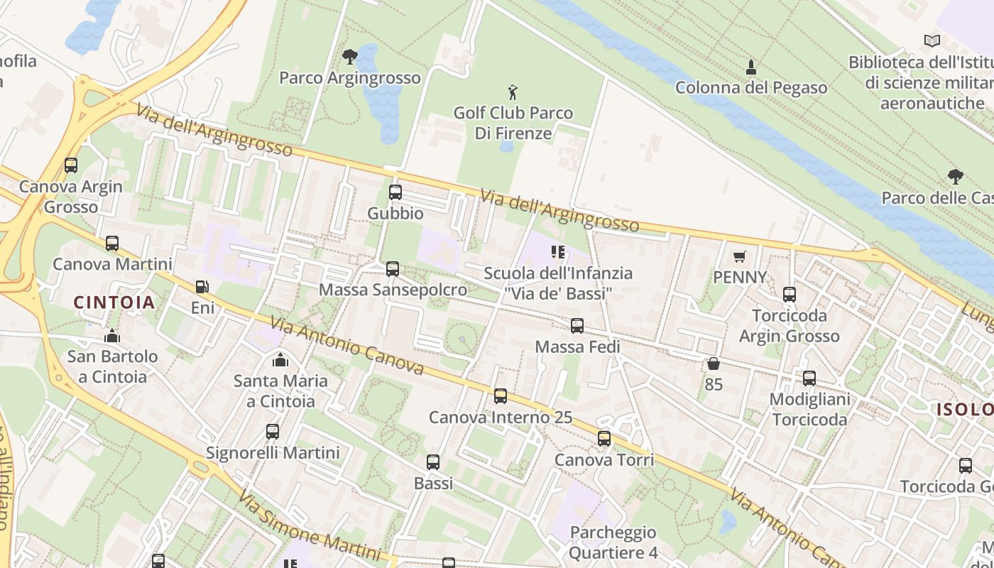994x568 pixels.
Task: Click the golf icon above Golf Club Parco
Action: click(x=513, y=92)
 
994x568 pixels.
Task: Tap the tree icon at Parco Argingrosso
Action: click(x=349, y=57)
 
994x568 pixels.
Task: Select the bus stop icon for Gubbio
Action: click(x=395, y=192)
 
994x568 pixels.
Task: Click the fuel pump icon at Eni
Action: click(x=202, y=287)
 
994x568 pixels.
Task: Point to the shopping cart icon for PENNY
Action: click(x=740, y=256)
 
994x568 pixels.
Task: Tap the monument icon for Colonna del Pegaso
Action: click(x=751, y=67)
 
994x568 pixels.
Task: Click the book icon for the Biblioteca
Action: click(x=932, y=41)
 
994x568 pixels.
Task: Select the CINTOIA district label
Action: click(x=114, y=302)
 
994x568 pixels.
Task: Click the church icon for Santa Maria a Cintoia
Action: click(x=280, y=360)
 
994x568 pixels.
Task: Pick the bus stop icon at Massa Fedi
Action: click(x=577, y=326)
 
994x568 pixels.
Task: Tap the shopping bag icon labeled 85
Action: click(x=714, y=364)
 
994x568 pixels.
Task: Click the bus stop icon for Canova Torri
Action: click(x=604, y=439)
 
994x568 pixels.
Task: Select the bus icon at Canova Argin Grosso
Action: click(x=71, y=165)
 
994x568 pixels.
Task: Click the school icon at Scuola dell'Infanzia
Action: click(x=557, y=252)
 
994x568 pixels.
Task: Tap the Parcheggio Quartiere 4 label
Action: click(x=613, y=542)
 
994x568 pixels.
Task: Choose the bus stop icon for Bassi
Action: click(x=433, y=462)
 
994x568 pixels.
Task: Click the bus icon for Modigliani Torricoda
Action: click(x=809, y=378)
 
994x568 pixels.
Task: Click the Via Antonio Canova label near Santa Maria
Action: click(x=347, y=346)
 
